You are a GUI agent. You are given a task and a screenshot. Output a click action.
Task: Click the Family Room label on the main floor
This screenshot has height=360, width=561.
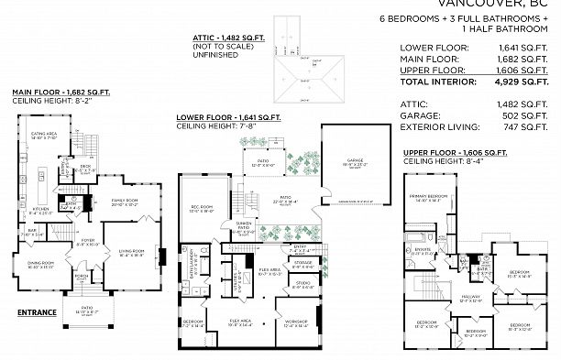click(125, 200)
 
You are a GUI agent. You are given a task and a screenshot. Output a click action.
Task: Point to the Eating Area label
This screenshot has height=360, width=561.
click(45, 135)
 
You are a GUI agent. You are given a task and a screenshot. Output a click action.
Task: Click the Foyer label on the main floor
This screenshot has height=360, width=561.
click(88, 242)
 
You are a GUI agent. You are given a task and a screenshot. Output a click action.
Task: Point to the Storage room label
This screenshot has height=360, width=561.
click(304, 261)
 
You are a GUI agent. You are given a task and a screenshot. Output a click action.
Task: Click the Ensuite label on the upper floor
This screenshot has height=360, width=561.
click(423, 248)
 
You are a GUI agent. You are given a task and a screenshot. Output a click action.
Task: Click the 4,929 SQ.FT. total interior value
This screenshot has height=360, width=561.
click(529, 82)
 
